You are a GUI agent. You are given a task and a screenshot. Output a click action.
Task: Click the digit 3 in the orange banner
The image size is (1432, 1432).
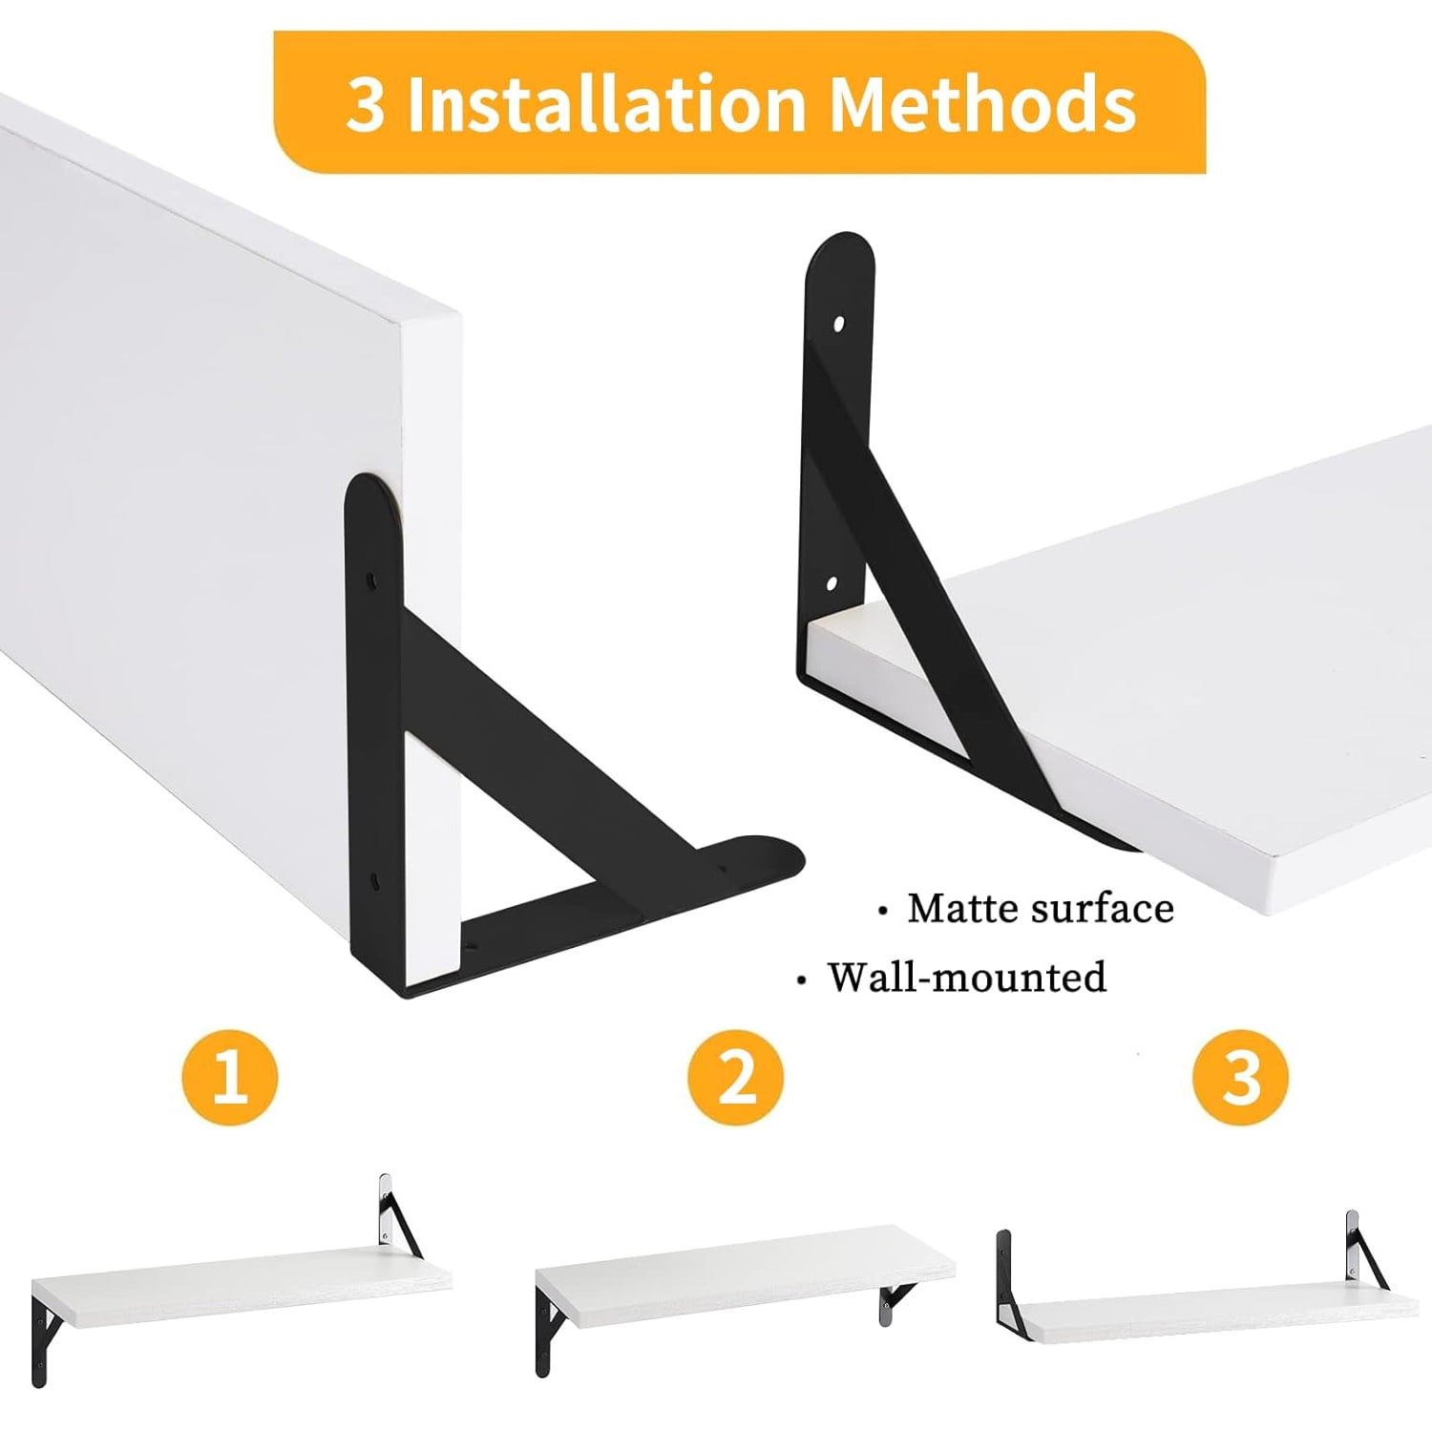[x=366, y=104]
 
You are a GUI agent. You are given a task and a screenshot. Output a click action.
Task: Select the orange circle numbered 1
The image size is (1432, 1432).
[x=229, y=1077]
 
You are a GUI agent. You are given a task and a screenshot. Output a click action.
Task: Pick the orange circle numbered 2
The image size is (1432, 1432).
[x=735, y=1077]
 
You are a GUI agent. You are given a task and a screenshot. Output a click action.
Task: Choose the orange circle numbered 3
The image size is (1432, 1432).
[x=1240, y=1077]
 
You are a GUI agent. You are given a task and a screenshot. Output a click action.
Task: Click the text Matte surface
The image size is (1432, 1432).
[x=1041, y=908]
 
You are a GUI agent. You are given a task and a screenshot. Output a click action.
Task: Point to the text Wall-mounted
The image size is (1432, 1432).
[x=967, y=977]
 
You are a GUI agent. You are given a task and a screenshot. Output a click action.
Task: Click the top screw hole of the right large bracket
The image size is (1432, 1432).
[x=839, y=325]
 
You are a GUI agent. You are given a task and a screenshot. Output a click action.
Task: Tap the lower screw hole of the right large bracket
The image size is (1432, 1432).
[x=832, y=582]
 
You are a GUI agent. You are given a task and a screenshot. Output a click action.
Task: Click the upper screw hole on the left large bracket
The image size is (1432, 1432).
[x=373, y=579]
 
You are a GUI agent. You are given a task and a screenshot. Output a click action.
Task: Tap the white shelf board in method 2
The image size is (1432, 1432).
[x=745, y=1275]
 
